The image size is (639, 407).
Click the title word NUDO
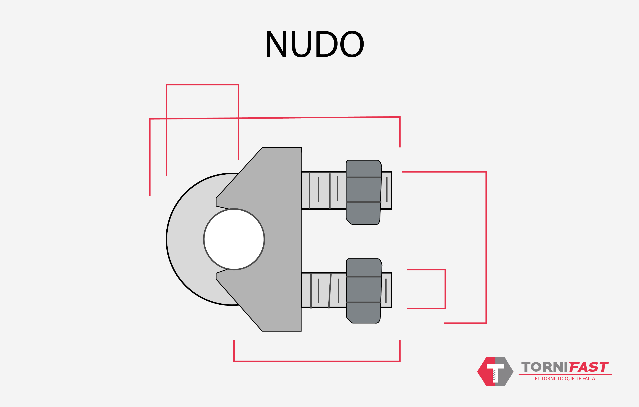pyautogui.click(x=315, y=44)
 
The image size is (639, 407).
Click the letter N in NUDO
pyautogui.click(x=276, y=44)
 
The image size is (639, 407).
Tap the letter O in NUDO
pyautogui.click(x=352, y=44)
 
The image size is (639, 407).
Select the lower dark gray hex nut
pyautogui.click(x=364, y=291)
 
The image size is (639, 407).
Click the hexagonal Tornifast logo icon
pyautogui.click(x=495, y=371)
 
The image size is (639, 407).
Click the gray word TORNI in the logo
pyautogui.click(x=544, y=367)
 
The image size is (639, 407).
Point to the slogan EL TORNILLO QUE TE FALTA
pyautogui.click(x=565, y=379)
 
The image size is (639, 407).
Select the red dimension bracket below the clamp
pyautogui.click(x=317, y=361)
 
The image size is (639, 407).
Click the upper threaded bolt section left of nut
pyautogui.click(x=324, y=190)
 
